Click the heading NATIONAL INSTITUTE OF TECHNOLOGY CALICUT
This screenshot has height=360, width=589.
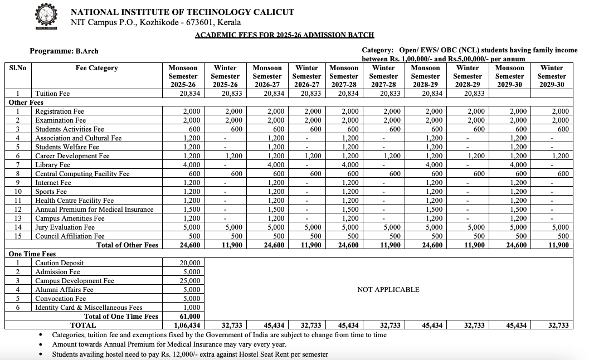(x=182, y=12)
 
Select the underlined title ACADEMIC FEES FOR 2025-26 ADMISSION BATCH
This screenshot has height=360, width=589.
(x=284, y=35)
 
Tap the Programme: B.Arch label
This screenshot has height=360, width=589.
(x=64, y=51)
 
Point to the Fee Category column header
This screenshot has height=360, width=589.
(x=97, y=68)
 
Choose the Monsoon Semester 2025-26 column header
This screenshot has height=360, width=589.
(x=183, y=76)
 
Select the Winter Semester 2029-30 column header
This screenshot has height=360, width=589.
(x=552, y=76)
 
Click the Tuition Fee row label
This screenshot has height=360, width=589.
(x=52, y=94)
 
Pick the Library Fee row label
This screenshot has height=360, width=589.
(x=52, y=165)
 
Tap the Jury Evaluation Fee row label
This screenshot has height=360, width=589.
(x=65, y=227)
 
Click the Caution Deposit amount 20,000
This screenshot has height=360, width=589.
(x=190, y=263)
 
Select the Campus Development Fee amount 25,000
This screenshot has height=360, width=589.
(x=190, y=281)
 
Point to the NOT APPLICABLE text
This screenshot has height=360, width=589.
(x=388, y=290)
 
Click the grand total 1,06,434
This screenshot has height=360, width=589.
(x=188, y=325)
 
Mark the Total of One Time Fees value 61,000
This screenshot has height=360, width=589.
(x=190, y=317)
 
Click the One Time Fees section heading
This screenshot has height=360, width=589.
(x=32, y=254)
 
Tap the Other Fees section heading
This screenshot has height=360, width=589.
(x=26, y=103)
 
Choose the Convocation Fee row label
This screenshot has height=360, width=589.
(x=60, y=299)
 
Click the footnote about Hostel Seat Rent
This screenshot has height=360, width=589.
(x=190, y=354)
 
